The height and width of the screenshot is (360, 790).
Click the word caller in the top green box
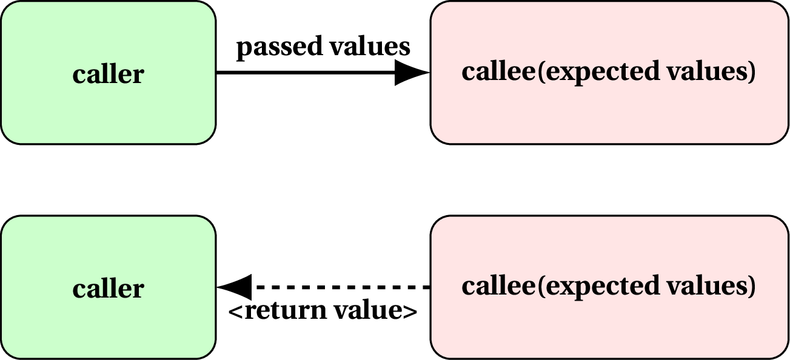click(x=108, y=75)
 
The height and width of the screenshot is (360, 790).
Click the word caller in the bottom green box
click(x=108, y=288)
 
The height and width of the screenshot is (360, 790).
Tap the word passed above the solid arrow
click(x=270, y=47)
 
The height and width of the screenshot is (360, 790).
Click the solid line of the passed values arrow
click(x=303, y=73)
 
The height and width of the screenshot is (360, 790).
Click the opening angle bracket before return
click(x=235, y=312)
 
